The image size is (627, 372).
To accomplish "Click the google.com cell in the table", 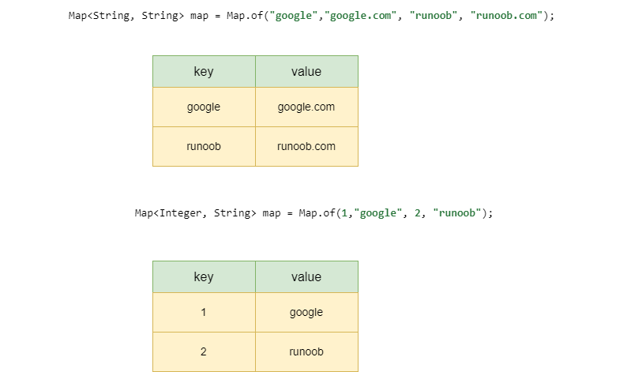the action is point(306,107).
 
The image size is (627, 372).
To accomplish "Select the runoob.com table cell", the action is point(306,146).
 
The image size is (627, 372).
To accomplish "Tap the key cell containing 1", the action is point(204,312).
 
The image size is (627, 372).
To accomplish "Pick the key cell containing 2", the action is point(204,351).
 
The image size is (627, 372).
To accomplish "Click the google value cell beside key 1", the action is point(306,312).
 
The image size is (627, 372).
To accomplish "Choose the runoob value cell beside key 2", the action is point(306,351).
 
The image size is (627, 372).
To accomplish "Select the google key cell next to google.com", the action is point(204,107).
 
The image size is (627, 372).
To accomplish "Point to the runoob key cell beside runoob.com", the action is point(204,146).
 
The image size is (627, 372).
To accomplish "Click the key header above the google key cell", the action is point(204,71).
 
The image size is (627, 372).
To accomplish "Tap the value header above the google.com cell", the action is point(306,71).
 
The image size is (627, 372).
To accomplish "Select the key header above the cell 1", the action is point(204,276).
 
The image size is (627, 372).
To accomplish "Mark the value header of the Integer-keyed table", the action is point(306,276).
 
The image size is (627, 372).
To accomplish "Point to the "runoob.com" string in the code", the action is point(505,16).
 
